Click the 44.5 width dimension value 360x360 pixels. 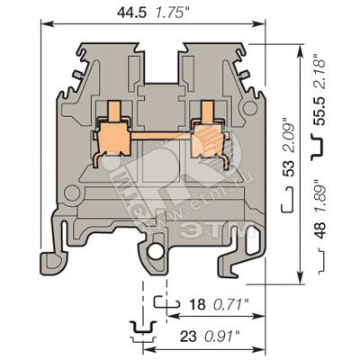coord(131,13)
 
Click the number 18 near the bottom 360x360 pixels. coord(197,305)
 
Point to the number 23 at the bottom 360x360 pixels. coord(188,337)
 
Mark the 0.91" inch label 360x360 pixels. coord(222,337)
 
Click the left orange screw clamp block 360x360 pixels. coord(114,139)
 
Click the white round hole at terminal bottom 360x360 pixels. coord(155,252)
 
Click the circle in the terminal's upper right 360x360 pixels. coord(250,108)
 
